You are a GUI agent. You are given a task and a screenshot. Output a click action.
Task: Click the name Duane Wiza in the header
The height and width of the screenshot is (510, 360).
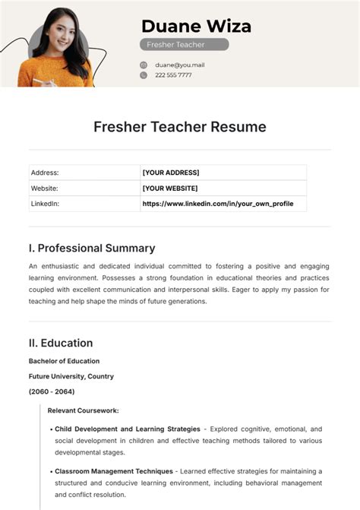click(196, 26)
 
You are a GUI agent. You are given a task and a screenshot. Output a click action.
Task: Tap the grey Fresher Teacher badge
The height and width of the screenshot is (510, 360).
click(184, 45)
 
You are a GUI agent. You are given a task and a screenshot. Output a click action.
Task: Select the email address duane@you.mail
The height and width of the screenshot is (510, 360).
click(179, 65)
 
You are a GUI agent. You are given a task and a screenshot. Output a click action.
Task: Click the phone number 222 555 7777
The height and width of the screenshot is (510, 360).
click(173, 75)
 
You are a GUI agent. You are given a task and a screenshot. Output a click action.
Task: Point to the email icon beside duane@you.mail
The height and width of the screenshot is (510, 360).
click(144, 65)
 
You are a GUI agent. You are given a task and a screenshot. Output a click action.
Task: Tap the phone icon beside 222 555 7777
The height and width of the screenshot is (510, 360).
click(144, 75)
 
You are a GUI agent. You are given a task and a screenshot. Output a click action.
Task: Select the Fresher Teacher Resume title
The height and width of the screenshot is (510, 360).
click(180, 127)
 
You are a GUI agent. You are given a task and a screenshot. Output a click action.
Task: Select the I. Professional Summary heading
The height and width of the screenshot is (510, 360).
click(92, 248)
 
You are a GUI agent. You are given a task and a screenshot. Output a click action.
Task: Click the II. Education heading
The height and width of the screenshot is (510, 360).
click(61, 343)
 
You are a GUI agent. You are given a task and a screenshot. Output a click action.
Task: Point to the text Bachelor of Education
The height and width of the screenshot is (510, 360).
click(64, 361)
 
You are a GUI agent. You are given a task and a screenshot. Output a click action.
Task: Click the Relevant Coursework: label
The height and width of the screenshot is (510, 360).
click(83, 410)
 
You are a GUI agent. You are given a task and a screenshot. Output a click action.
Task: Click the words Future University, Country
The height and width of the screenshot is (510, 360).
click(71, 376)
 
